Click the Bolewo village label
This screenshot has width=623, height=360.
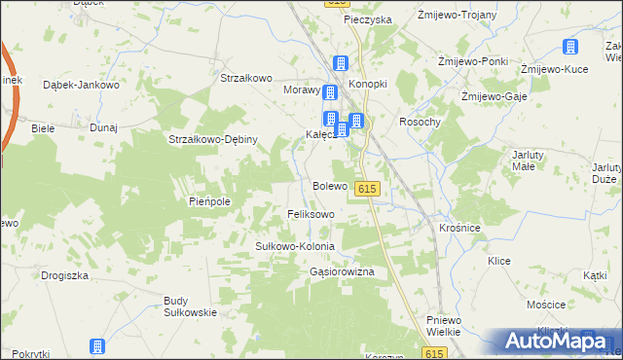(330, 185)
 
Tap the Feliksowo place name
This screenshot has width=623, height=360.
(311, 213)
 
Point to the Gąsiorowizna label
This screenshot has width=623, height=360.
(342, 273)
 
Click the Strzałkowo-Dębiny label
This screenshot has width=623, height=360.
(212, 139)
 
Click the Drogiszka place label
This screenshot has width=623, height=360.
(65, 275)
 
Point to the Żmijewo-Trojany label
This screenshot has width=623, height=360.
(457, 16)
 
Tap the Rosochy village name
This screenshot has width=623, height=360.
(421, 122)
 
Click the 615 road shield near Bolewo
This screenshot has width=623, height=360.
(367, 188)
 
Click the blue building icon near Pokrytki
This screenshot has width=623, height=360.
(97, 347)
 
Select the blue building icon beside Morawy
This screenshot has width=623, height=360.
(330, 93)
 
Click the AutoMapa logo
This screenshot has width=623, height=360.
(551, 341)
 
